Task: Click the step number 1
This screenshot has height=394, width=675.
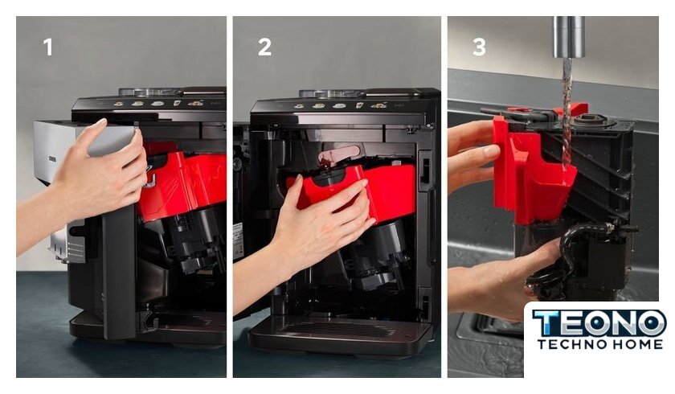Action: point(47,47)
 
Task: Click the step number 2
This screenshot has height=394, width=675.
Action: point(264,47)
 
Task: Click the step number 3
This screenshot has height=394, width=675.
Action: point(479,47)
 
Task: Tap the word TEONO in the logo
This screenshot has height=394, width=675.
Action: point(599,323)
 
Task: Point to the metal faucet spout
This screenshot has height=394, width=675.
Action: point(568,37)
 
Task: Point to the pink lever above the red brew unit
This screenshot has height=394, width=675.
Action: point(339,154)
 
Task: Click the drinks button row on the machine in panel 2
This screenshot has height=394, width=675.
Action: point(340,105)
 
